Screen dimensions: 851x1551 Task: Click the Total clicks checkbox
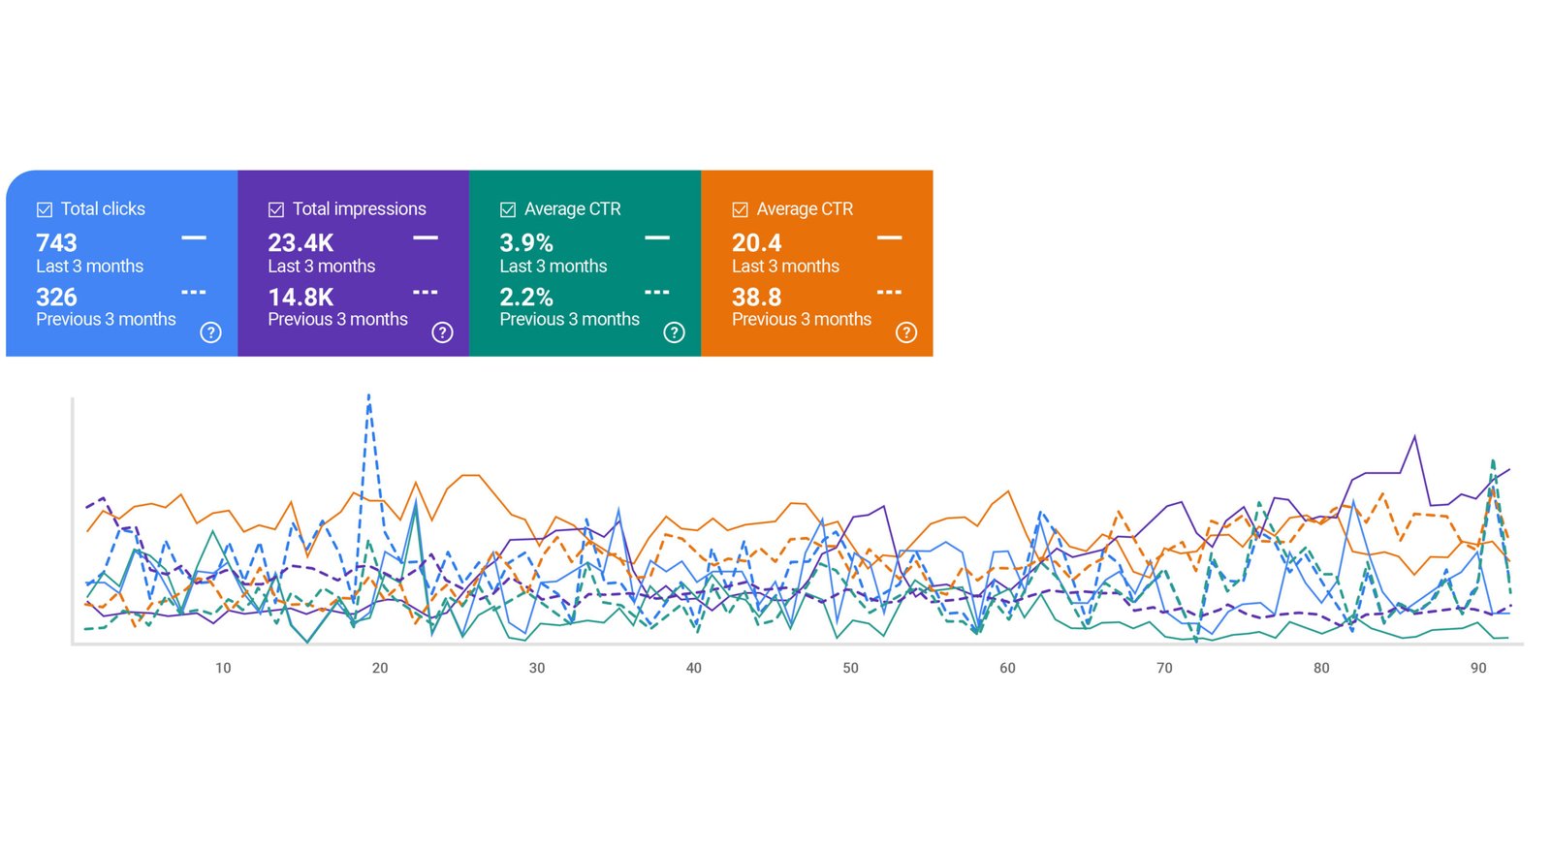pyautogui.click(x=45, y=209)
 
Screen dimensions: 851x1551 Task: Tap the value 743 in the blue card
pyautogui.click(x=56, y=242)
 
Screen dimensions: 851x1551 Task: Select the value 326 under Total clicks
pyautogui.click(x=56, y=297)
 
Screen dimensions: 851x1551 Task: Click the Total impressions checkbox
pyautogui.click(x=276, y=209)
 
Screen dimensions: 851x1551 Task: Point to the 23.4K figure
pyautogui.click(x=301, y=242)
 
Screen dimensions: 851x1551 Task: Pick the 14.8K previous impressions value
pyautogui.click(x=301, y=297)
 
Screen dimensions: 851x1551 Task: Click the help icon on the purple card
pyautogui.click(x=442, y=332)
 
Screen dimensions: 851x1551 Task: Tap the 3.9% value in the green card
pyautogui.click(x=526, y=242)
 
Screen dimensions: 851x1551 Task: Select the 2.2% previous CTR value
pyautogui.click(x=526, y=297)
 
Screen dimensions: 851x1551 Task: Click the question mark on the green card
pyautogui.click(x=674, y=332)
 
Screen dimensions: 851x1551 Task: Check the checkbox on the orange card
pyautogui.click(x=740, y=209)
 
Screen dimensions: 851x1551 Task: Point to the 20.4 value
pyautogui.click(x=756, y=242)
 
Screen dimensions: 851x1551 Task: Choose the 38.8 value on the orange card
pyautogui.click(x=756, y=297)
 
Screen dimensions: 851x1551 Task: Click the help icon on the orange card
pyautogui.click(x=905, y=332)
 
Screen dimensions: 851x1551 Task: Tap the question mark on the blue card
pyautogui.click(x=210, y=332)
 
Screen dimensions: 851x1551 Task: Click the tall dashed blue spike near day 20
pyautogui.click(x=368, y=397)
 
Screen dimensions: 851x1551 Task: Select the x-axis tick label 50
pyautogui.click(x=850, y=668)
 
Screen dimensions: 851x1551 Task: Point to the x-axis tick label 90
pyautogui.click(x=1477, y=668)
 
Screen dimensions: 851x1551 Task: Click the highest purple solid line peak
pyautogui.click(x=1414, y=437)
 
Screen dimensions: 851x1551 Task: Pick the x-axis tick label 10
pyautogui.click(x=223, y=668)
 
